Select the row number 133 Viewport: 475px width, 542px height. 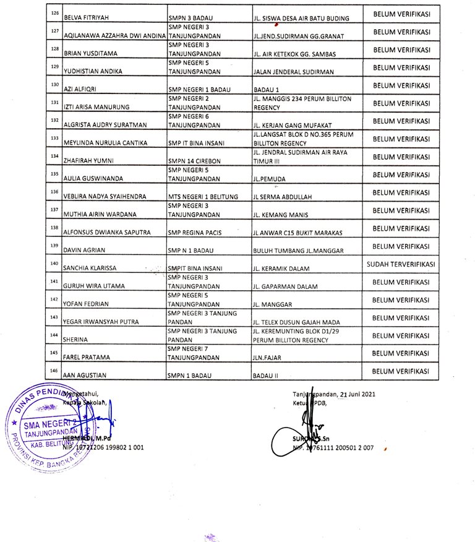point(55,138)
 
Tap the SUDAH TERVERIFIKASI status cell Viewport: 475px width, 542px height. point(401,264)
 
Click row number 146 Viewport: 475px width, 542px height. point(55,370)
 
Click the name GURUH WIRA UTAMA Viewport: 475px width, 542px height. point(95,286)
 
